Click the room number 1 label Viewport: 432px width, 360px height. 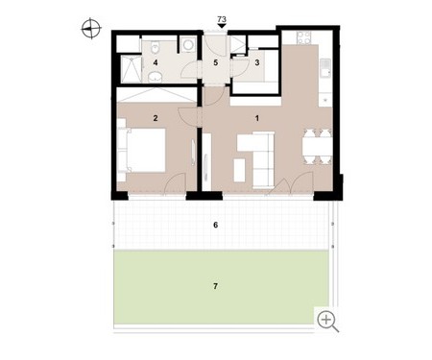pos(257,118)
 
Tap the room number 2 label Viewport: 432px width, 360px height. pos(156,118)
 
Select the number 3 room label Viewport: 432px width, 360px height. pos(257,62)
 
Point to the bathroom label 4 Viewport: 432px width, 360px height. pos(156,62)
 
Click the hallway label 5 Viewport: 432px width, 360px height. pos(216,62)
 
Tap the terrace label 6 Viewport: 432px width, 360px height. pos(216,226)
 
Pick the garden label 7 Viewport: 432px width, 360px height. pos(215,286)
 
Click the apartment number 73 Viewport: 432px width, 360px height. pos(222,19)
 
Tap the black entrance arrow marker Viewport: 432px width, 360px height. pos(222,26)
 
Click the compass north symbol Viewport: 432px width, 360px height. pos(91,29)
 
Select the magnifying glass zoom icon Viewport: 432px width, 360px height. pos(327,322)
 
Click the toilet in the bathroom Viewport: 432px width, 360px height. pos(156,47)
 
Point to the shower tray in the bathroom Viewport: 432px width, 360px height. pos(132,69)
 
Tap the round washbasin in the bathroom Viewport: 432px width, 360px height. pos(156,77)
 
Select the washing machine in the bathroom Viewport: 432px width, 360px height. pos(188,44)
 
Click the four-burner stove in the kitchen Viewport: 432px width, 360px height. pos(303,37)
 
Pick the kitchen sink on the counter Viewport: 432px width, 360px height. pos(325,68)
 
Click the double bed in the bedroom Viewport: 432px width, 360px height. pos(143,150)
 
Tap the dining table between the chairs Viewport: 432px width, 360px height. pos(317,147)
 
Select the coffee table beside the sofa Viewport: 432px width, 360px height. pos(239,170)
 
